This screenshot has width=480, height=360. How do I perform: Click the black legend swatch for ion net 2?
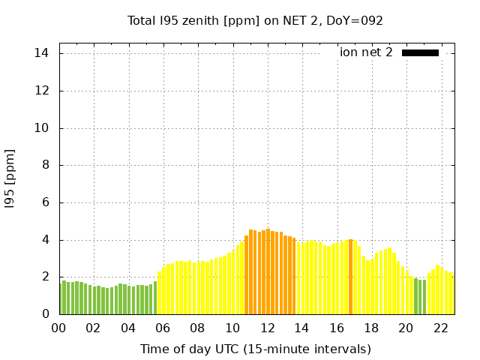(420, 52)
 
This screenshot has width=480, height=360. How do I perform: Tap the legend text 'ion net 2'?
(366, 52)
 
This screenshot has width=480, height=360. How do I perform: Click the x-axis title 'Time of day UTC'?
(256, 349)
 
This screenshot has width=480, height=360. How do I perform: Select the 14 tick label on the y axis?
(42, 53)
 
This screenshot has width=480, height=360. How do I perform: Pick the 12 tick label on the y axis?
(42, 91)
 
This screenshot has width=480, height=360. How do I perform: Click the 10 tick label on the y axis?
(42, 128)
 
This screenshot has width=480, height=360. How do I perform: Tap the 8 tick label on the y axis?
(45, 165)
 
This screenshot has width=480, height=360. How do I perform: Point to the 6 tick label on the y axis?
(45, 202)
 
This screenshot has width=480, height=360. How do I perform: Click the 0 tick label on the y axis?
(45, 314)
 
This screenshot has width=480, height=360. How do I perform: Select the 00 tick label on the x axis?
(59, 328)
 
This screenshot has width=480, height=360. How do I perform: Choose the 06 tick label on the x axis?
(163, 328)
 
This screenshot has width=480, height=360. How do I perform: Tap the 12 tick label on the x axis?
(268, 328)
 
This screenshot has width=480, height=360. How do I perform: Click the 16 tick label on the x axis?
(337, 328)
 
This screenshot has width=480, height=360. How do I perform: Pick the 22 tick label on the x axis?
(441, 328)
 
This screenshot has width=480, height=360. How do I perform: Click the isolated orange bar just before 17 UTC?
(350, 277)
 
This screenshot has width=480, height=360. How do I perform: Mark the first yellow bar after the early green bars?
(159, 293)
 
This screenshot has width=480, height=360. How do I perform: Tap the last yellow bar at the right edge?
(452, 294)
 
